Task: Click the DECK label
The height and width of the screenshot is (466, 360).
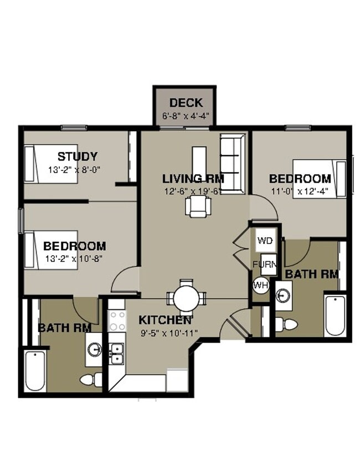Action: (186, 102)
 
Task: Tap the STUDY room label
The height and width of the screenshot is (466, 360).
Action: (78, 156)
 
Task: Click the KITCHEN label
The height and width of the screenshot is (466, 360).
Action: (165, 320)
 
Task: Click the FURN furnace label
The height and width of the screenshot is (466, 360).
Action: (264, 264)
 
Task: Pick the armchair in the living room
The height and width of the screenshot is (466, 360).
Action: (198, 207)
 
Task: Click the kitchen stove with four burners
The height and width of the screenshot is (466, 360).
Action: (117, 320)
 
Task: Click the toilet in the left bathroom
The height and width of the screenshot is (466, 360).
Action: (91, 379)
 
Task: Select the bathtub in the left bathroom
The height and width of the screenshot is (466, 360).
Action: (34, 370)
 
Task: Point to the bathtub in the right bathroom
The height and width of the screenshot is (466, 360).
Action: (335, 315)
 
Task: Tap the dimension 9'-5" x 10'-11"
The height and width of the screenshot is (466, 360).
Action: (168, 333)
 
